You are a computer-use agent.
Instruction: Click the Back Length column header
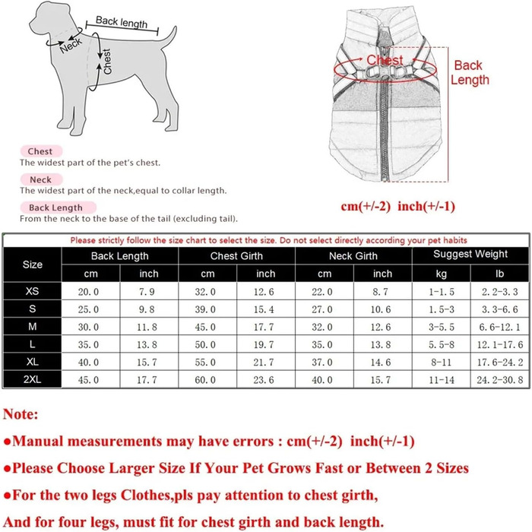[119, 256]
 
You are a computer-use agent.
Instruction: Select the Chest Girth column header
[236, 256]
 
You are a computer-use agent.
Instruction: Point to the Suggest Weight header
[470, 254]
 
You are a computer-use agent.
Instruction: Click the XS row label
[33, 291]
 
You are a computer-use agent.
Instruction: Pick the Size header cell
[33, 264]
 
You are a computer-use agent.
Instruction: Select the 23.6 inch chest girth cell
[266, 379]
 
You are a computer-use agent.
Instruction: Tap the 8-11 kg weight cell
[442, 362]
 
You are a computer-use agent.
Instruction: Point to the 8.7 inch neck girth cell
[383, 292]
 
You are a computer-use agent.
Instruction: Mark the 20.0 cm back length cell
[90, 292]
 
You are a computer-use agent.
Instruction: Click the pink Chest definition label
[40, 152]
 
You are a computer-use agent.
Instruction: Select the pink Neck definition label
[40, 179]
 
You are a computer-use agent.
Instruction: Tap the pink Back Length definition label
[55, 207]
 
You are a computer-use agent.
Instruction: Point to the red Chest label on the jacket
[384, 59]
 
